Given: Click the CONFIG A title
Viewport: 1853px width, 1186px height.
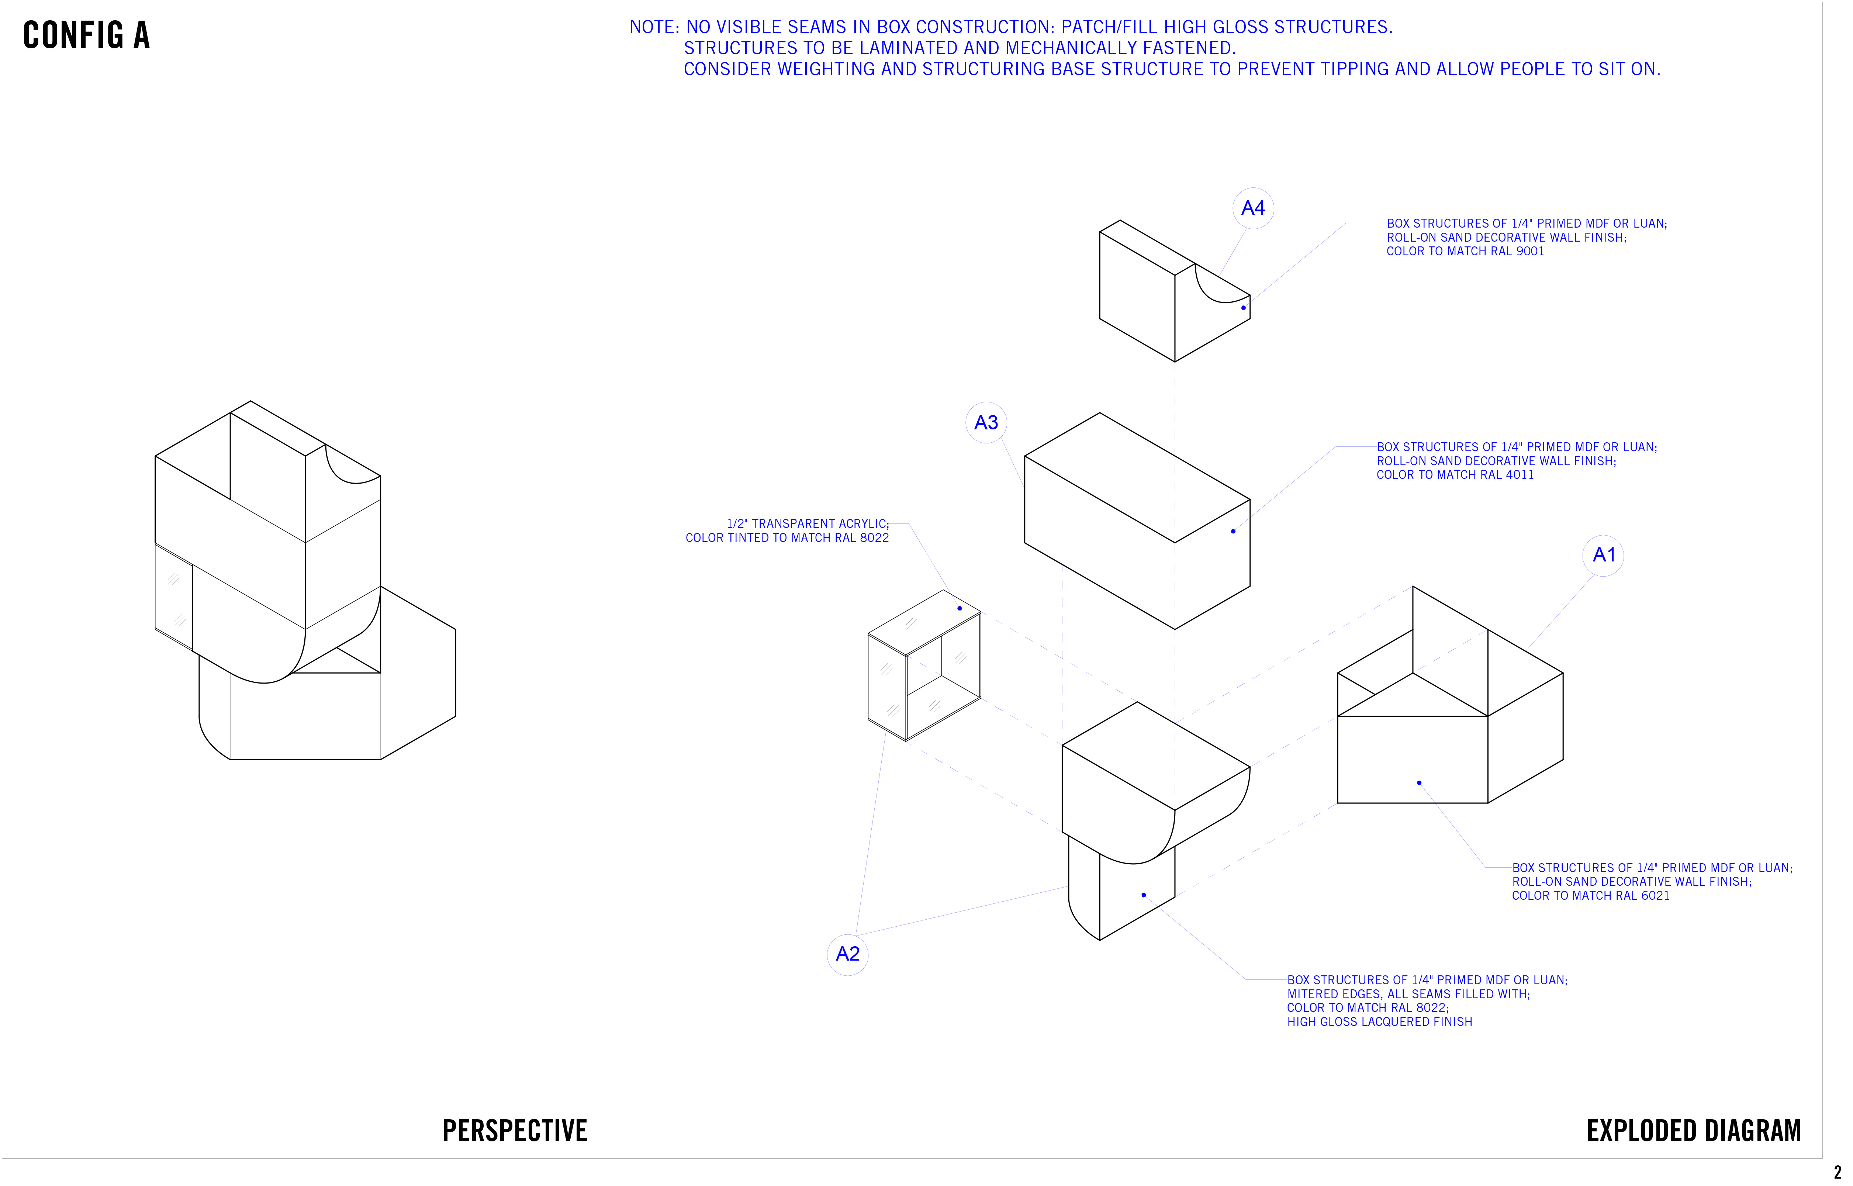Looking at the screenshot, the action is coord(86,35).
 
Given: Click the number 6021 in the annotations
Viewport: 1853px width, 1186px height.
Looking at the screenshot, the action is coord(1655,896).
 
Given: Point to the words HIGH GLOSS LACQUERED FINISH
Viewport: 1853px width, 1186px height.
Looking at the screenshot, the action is coord(1379,1022).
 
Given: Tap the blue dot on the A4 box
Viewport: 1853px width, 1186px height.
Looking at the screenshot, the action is coord(1243,308).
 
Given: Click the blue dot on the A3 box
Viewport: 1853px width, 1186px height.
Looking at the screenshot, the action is coord(1233,531).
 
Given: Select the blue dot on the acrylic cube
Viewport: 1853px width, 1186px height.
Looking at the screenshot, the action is coord(960,608).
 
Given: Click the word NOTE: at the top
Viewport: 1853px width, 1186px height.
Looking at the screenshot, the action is coord(655,28).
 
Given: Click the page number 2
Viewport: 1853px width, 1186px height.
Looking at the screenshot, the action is coord(1838,1173).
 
